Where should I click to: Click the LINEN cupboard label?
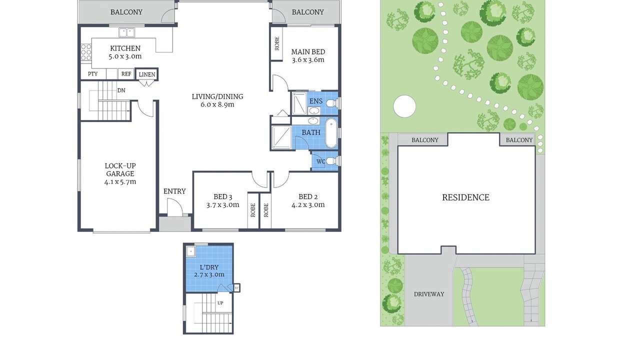coord(147,74)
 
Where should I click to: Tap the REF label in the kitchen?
coord(126,74)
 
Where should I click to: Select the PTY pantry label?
coord(92,74)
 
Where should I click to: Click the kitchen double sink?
coord(126,32)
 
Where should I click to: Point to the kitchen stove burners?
coord(86,52)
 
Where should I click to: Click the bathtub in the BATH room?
coord(331,133)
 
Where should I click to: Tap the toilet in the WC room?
coord(331,161)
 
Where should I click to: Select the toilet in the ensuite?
coord(331,103)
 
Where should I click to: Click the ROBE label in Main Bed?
coord(276,43)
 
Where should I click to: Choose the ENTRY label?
coord(174,191)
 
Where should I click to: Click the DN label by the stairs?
coord(121,90)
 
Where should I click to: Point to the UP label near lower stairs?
coord(220,303)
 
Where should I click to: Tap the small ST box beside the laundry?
coord(236,288)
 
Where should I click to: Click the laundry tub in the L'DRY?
coord(190,251)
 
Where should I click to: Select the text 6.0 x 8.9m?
coord(217,104)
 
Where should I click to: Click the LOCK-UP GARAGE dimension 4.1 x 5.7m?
coord(120,181)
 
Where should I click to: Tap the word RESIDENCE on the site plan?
coord(465,197)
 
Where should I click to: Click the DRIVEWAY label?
coord(429,294)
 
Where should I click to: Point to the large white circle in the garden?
coord(404,106)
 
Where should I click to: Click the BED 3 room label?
coord(223,197)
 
